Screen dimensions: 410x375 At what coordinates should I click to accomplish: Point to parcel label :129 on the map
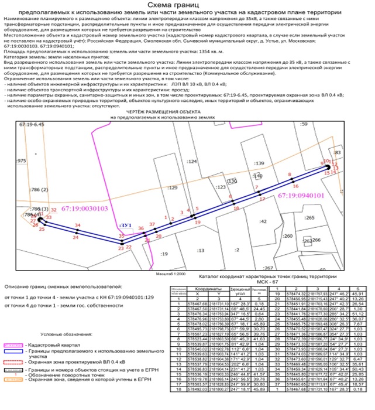171,188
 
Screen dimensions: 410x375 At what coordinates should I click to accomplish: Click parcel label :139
259,162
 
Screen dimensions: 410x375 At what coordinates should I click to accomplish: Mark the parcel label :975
22,160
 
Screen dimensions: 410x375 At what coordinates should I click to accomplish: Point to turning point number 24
75,238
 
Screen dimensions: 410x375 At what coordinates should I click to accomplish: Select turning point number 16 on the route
295,186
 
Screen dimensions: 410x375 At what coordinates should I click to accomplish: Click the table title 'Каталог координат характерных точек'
269,274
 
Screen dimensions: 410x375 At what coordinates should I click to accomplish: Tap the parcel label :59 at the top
303,125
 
